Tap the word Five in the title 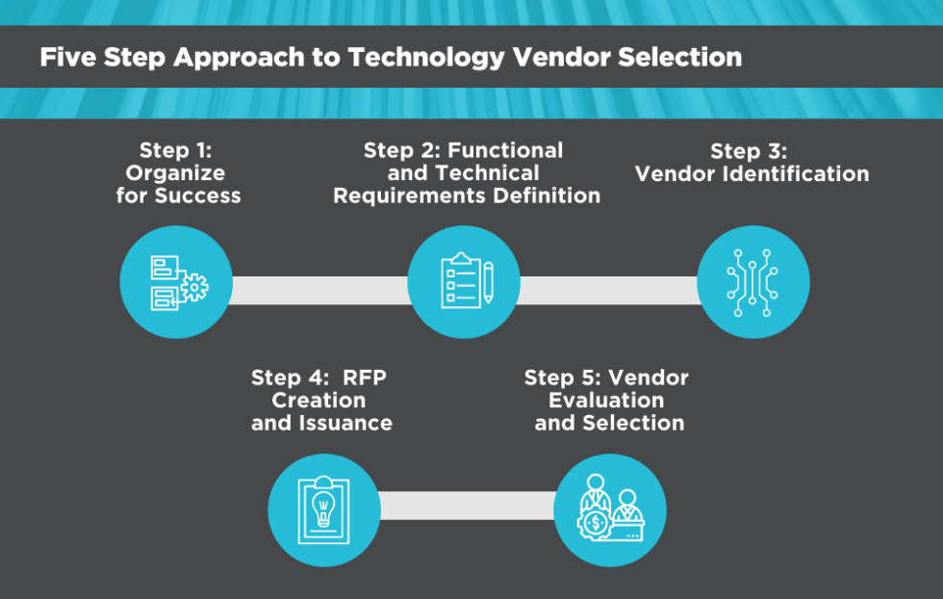point(66,57)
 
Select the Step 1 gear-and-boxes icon point(177,281)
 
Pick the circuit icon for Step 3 point(752,281)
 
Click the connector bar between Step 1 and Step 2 point(319,290)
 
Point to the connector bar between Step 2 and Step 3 point(608,290)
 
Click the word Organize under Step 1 point(175,173)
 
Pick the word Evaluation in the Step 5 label point(606,400)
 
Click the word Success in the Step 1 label point(200,195)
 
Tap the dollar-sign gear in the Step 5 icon point(597,525)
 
